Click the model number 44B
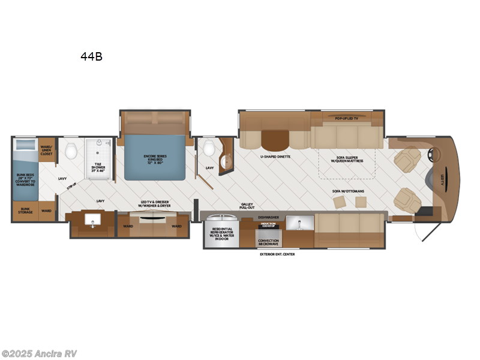tap(91, 57)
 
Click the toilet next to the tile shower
tap(71, 151)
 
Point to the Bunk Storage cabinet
tap(25, 211)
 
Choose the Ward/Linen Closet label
tap(46, 150)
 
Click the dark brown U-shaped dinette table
tap(275, 139)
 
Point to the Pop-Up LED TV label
tap(346, 119)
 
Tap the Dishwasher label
tap(268, 217)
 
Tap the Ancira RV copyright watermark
tap(40, 353)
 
